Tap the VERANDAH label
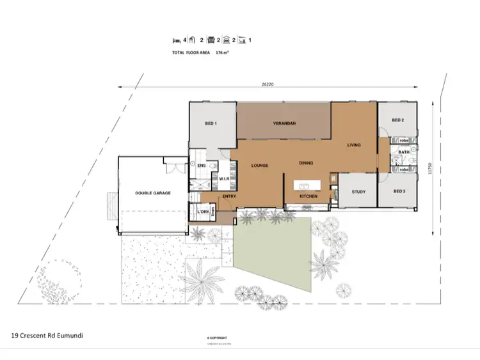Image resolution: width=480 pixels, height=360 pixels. pyautogui.click(x=284, y=123)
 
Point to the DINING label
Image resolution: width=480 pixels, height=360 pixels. pyautogui.click(x=307, y=163)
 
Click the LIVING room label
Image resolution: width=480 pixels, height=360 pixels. pyautogui.click(x=354, y=145)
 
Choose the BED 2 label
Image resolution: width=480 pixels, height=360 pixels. pyautogui.click(x=397, y=120)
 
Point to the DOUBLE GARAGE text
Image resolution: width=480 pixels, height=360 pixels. pyautogui.click(x=152, y=192)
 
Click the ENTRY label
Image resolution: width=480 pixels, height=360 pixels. pyautogui.click(x=230, y=196)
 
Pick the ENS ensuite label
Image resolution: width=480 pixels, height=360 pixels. pyautogui.click(x=201, y=166)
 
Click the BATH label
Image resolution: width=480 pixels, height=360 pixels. pyautogui.click(x=404, y=152)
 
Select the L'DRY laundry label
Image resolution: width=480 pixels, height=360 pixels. pyautogui.click(x=205, y=211)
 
